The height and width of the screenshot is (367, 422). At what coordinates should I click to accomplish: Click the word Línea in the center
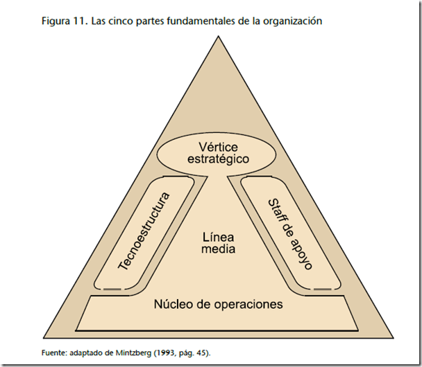pos(219,235)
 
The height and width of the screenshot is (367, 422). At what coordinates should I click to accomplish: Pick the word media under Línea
pos(219,249)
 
